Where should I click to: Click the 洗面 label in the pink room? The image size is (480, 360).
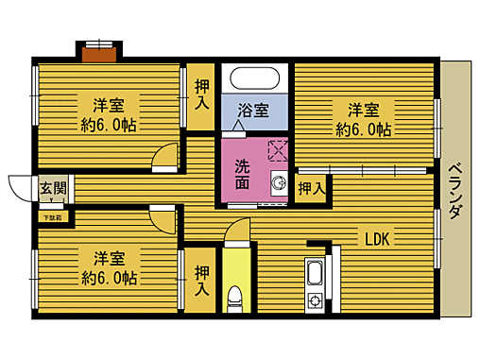pos(243,174)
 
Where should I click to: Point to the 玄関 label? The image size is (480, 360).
pos(53,187)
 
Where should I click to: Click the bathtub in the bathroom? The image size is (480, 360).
pos(252,78)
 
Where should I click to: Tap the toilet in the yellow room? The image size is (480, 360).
pos(237,297)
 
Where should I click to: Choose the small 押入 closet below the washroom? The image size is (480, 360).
pos(311,188)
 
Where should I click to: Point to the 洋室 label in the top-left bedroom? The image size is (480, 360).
pos(110,103)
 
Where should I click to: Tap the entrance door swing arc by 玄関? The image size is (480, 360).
pos(21,188)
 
